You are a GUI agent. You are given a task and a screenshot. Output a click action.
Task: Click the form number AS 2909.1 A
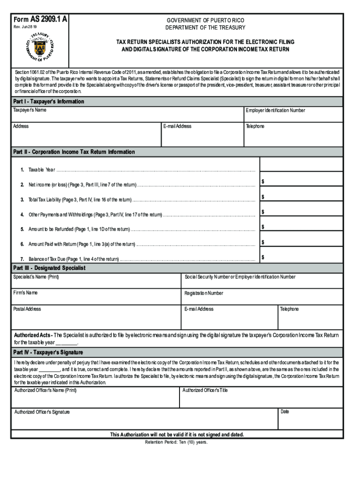[41, 19]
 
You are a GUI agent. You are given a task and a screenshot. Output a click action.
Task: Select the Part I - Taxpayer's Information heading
[49, 102]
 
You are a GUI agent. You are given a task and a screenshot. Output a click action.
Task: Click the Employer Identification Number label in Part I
[275, 110]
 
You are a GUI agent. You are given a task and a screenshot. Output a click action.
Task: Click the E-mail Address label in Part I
[177, 126]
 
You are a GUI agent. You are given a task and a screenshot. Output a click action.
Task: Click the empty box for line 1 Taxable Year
[301, 165]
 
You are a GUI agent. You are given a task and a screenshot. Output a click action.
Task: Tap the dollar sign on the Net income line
[263, 181]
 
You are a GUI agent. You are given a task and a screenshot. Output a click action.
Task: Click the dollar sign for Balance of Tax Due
[263, 257]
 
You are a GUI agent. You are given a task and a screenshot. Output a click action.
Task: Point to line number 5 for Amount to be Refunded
[22, 229]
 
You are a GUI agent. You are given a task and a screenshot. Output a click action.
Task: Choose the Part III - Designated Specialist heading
[49, 269]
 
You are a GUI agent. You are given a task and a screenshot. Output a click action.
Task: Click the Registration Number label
[204, 293]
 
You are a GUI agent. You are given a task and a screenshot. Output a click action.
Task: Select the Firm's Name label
[26, 293]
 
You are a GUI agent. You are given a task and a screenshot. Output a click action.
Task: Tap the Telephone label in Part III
[289, 309]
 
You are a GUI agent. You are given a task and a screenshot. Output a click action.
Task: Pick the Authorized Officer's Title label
[205, 390]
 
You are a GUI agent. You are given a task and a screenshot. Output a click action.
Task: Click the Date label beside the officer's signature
[285, 412]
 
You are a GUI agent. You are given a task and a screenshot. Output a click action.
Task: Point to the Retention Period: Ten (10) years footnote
[176, 442]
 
